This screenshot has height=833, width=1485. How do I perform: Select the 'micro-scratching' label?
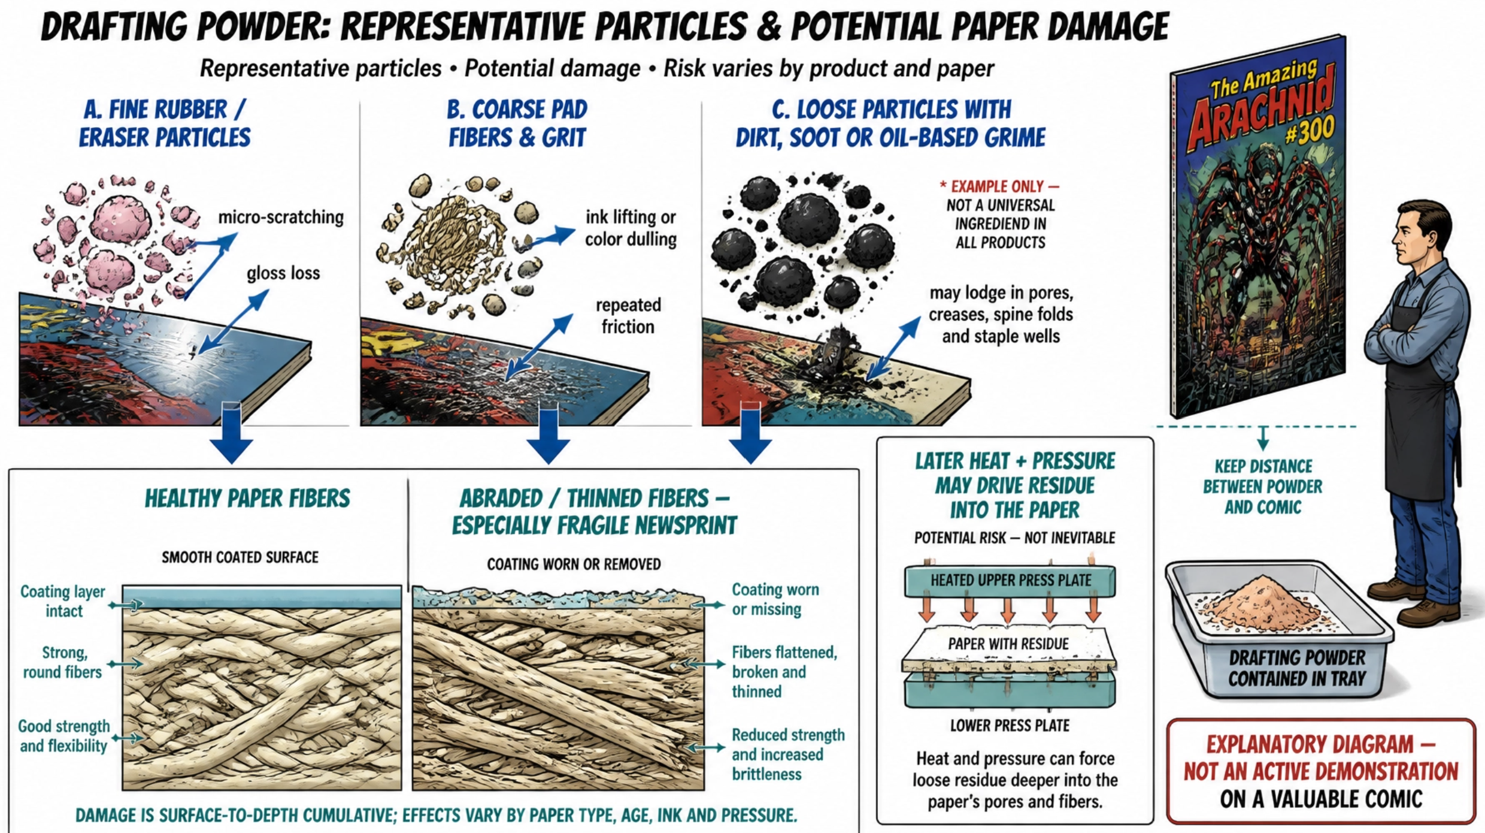[280, 217]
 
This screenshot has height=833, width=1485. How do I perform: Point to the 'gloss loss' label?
[283, 273]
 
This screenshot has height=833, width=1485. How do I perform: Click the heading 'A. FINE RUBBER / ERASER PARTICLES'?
[165, 123]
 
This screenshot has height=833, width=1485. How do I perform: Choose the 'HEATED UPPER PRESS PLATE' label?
[1011, 580]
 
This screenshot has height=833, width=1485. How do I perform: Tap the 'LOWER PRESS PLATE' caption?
[1010, 725]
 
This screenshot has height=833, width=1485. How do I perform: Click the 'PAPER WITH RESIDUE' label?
[1008, 644]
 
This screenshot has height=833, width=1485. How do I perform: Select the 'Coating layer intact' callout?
[63, 601]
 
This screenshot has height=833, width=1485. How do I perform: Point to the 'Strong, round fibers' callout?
[63, 662]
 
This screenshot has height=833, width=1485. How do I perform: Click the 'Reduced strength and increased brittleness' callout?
[788, 754]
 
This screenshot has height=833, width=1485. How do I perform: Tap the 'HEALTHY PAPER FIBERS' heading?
[247, 499]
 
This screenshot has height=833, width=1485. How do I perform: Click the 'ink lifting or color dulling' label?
[631, 228]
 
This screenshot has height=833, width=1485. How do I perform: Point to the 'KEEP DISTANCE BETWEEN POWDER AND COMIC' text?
[1263, 487]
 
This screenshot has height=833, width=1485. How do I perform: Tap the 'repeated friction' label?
[628, 316]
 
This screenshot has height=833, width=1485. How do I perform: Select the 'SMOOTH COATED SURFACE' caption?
[240, 557]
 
